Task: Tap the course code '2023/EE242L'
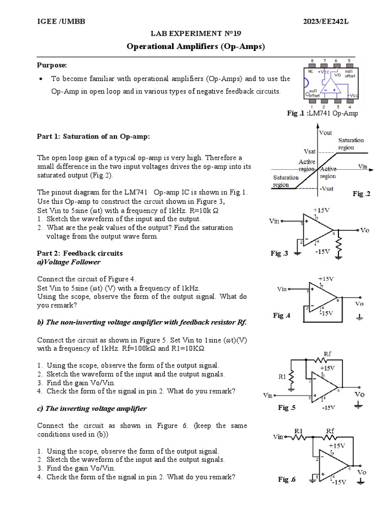327,20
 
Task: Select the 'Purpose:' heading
52,65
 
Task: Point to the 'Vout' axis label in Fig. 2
325,133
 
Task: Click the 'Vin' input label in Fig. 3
275,221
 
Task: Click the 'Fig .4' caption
282,316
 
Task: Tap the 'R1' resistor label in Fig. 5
282,377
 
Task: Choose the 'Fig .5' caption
287,407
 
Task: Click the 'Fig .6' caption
287,479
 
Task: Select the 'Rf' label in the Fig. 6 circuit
330,431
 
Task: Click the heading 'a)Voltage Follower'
68,262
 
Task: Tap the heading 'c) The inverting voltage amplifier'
92,408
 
